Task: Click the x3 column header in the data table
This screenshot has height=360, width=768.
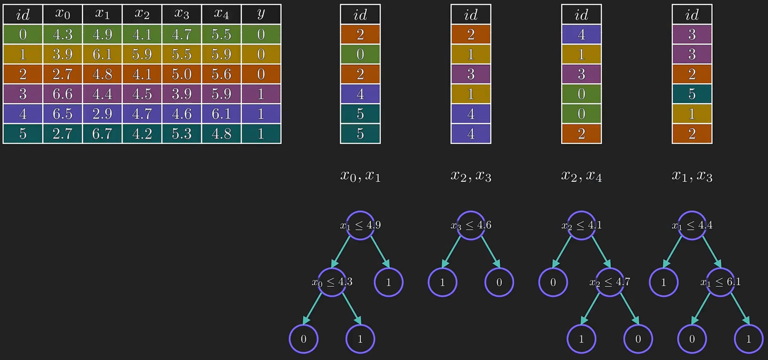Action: [x=181, y=14]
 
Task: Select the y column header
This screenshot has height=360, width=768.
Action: [x=261, y=14]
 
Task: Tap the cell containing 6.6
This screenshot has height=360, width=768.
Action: [x=62, y=94]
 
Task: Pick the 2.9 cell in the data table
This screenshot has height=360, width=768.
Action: [x=102, y=114]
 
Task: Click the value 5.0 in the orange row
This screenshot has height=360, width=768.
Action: [x=181, y=74]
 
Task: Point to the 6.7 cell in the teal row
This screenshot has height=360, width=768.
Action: [x=102, y=134]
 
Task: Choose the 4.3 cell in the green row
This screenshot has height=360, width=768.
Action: [x=62, y=34]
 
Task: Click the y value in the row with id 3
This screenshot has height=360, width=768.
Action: [x=261, y=94]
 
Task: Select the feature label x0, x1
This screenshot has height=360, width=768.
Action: [x=360, y=176]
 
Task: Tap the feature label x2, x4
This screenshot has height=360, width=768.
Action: [x=581, y=176]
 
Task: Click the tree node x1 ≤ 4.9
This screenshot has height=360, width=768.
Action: [x=360, y=225]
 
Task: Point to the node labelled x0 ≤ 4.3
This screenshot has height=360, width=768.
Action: [x=332, y=282]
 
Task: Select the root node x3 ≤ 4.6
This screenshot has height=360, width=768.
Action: [x=471, y=225]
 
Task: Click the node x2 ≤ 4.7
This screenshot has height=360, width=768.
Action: [x=610, y=282]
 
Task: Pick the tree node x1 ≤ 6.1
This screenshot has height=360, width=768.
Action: [x=720, y=282]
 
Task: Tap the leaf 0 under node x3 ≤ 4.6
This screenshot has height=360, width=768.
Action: [x=499, y=282]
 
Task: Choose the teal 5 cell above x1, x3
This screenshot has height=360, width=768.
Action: [x=692, y=94]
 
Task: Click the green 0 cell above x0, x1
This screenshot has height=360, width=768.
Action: [x=360, y=54]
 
